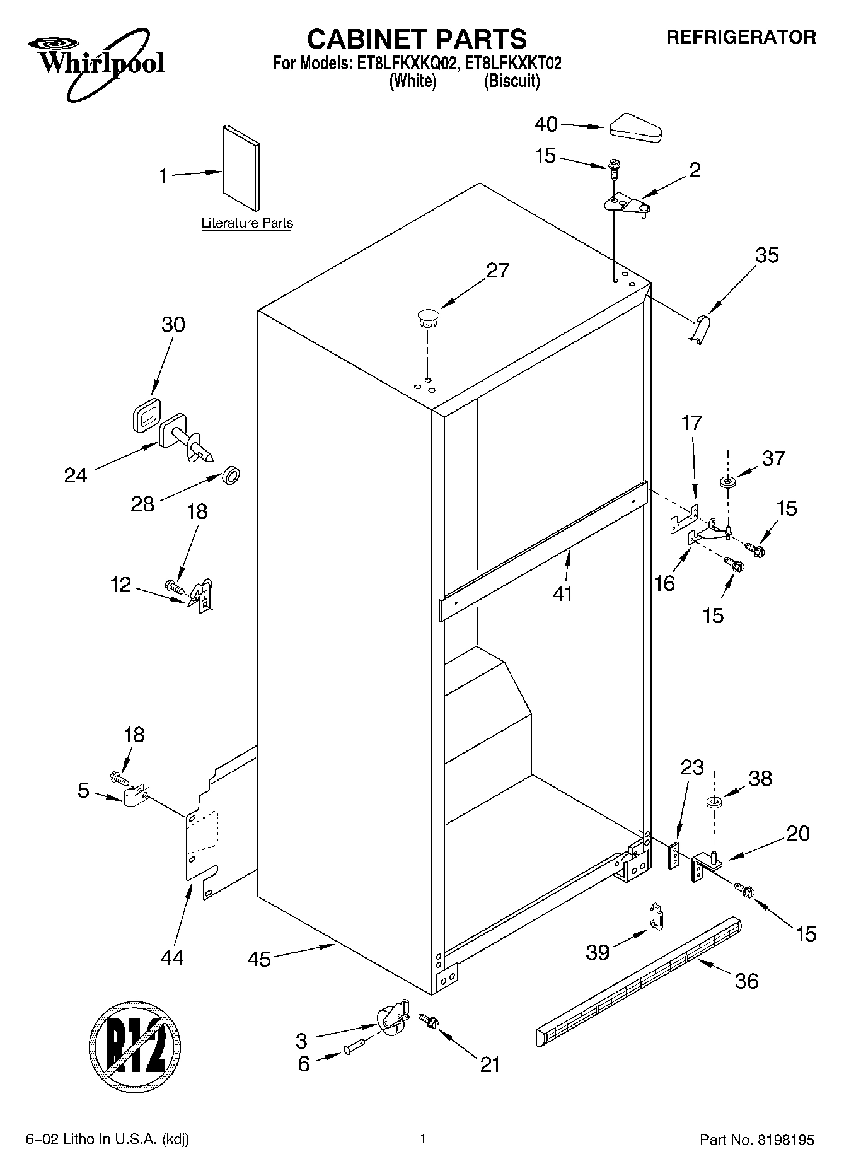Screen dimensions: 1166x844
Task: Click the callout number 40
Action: click(546, 124)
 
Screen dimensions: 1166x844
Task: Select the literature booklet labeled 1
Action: click(240, 167)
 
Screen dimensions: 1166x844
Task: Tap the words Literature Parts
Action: click(247, 223)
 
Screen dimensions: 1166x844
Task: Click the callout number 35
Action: click(766, 255)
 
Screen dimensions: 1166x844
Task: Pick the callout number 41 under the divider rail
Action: click(562, 593)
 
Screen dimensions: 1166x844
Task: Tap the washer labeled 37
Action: click(728, 482)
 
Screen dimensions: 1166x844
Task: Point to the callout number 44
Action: click(171, 957)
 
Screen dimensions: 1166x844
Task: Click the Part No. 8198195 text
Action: click(757, 1140)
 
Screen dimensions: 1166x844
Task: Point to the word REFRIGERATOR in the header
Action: click(741, 37)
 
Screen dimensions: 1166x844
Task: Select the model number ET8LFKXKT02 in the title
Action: click(512, 64)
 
